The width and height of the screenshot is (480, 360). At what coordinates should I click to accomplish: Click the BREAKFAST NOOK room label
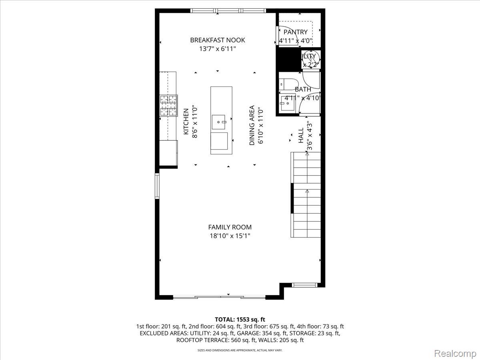pos(218,40)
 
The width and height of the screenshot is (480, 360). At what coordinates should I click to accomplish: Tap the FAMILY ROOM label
pos(230,227)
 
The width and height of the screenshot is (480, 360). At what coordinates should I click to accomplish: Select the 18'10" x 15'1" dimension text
pos(230,236)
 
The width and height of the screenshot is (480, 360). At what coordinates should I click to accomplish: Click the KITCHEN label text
pos(186,122)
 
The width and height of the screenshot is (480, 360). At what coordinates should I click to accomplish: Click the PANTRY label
pos(296,32)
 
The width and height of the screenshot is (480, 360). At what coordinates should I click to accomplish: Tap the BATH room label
pos(303,89)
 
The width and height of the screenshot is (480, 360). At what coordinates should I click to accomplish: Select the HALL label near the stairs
pos(301,136)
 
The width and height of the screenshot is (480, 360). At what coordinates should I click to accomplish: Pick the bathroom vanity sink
pos(288,103)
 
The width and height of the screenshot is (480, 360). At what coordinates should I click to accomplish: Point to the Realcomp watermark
pos(455,354)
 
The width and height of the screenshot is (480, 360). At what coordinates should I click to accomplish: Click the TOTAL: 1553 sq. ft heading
pos(240,319)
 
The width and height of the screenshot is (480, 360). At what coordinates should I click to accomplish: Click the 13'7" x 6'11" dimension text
pos(218,49)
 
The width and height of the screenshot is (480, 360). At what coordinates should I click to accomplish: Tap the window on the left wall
pos(157,186)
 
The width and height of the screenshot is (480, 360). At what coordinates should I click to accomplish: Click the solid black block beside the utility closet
pos(289,59)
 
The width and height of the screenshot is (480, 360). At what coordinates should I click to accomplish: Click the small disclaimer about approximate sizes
pos(240,350)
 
